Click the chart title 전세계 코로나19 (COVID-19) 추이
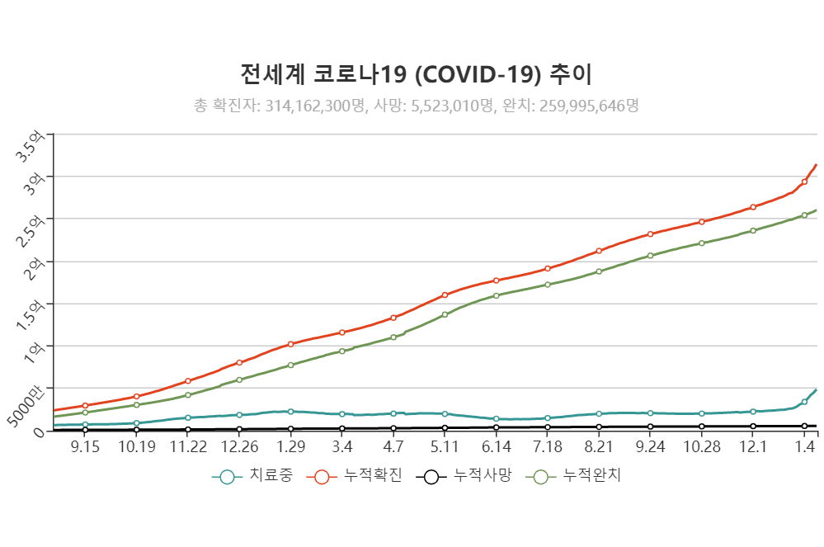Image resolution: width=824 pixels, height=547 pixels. coord(416,75)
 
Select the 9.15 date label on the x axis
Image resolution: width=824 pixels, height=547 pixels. coord(85,446)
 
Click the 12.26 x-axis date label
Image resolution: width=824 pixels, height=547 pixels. coord(239,446)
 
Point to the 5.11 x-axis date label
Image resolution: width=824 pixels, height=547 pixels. coord(445,446)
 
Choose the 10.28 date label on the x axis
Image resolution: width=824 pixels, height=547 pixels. coord(701,446)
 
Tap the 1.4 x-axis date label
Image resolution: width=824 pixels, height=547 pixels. coord(805,446)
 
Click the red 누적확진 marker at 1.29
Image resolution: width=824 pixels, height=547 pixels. coord(290,344)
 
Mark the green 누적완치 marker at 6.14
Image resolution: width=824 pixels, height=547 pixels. coord(496,295)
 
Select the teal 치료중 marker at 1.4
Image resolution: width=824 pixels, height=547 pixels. coord(804,402)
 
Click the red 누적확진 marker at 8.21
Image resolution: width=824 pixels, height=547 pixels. coord(599,251)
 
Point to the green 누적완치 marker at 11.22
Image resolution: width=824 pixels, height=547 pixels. coord(188,395)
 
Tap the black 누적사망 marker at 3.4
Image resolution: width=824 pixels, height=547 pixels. coord(341,428)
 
